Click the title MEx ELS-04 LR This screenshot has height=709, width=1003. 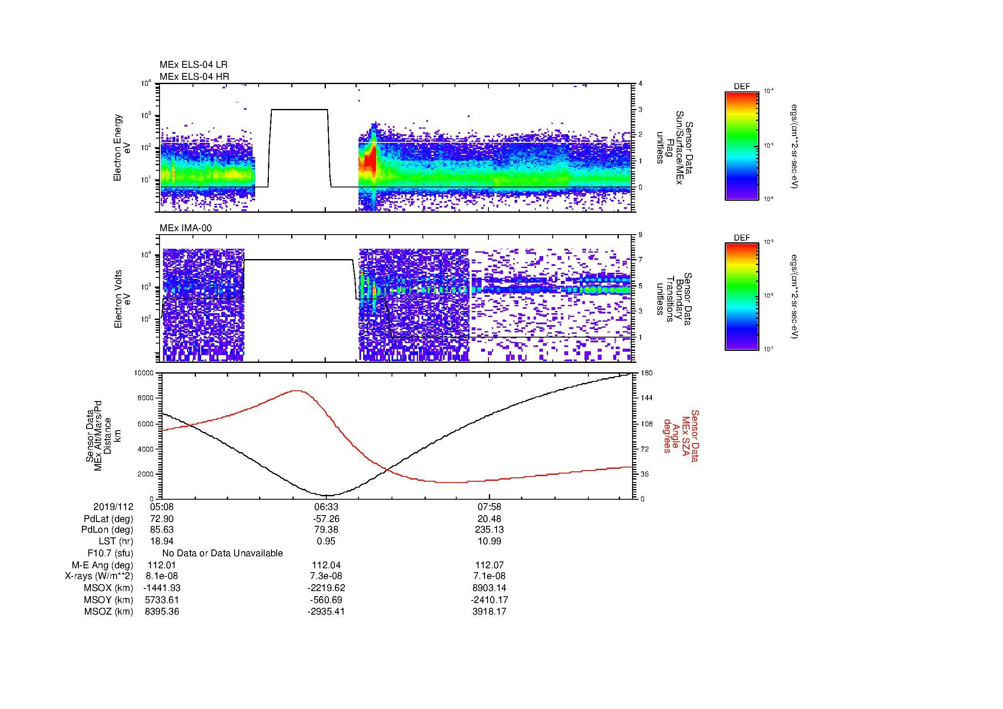193,65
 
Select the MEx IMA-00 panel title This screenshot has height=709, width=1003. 185,228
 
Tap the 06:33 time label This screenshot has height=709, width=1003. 326,507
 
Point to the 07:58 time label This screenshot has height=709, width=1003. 490,507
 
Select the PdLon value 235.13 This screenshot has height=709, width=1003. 490,530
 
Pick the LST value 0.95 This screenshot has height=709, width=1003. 326,541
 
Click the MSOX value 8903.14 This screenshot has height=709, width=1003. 490,588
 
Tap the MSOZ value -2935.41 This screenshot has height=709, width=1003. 326,612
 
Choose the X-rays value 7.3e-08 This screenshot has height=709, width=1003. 326,576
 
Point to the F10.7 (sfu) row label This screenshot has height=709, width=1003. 110,553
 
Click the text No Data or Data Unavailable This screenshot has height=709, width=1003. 223,553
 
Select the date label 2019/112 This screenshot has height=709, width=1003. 113,507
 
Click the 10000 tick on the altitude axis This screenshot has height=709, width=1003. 145,373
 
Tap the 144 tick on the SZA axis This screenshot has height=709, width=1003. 647,398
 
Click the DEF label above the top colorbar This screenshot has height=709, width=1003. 741,87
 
